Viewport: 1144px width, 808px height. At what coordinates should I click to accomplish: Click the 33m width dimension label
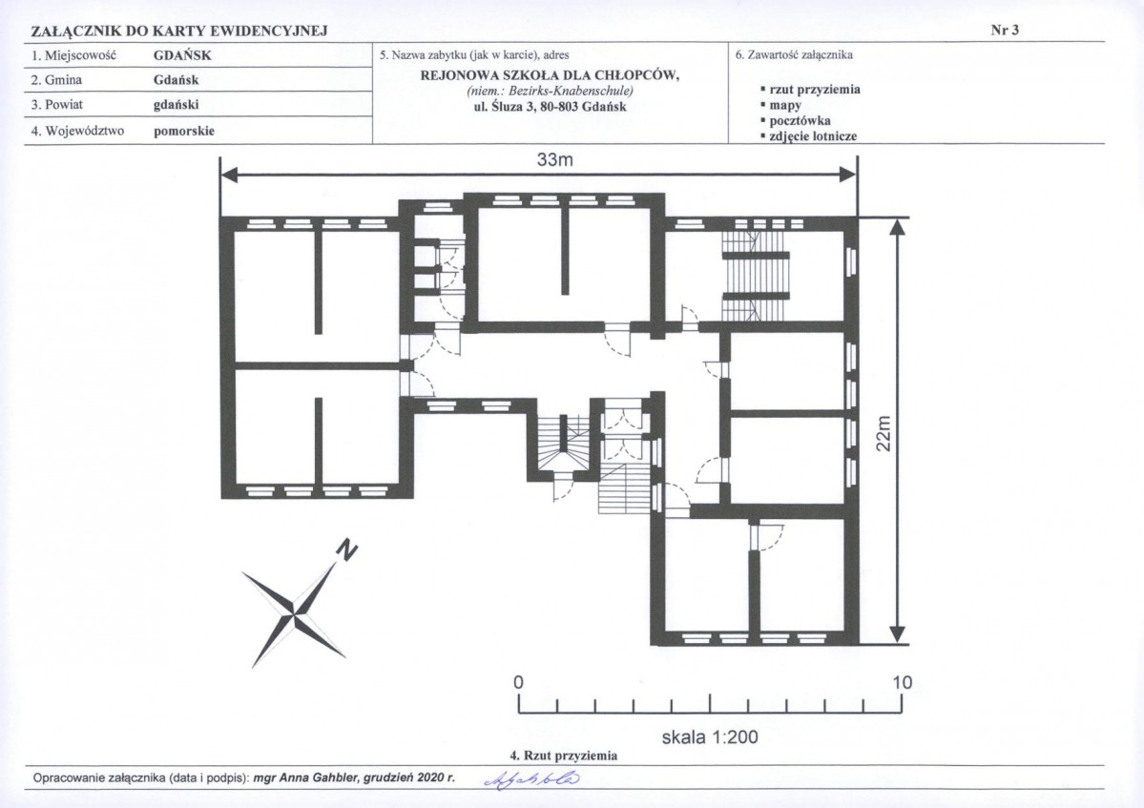coord(555,159)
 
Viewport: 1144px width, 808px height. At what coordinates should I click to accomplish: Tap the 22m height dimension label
coord(883,433)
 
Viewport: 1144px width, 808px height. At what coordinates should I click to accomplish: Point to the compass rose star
coord(293,609)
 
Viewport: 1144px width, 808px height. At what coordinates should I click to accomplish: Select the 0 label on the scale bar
coord(519,683)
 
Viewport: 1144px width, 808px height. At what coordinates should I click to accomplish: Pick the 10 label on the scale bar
coord(902,683)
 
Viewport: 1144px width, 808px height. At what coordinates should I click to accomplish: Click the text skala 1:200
coord(709,737)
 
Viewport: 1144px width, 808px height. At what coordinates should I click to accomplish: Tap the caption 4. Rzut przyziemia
coord(563,756)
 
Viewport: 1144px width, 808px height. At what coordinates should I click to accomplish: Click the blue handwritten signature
coord(532,778)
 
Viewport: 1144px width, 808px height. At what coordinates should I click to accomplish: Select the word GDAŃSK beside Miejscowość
coord(182,55)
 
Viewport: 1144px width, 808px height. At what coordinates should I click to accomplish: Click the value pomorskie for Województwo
coord(184,132)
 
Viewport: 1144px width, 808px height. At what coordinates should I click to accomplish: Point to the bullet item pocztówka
coord(800,121)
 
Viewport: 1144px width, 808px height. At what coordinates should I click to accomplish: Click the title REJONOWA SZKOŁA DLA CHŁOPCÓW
coord(551,76)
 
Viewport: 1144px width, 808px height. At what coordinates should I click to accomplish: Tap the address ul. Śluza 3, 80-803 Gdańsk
coord(551,107)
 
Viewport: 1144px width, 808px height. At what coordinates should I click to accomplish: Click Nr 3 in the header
coord(1005,30)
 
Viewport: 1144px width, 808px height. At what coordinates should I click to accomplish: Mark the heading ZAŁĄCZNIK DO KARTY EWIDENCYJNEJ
coord(178,31)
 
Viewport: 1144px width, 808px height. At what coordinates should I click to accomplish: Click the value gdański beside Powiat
coord(176,105)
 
